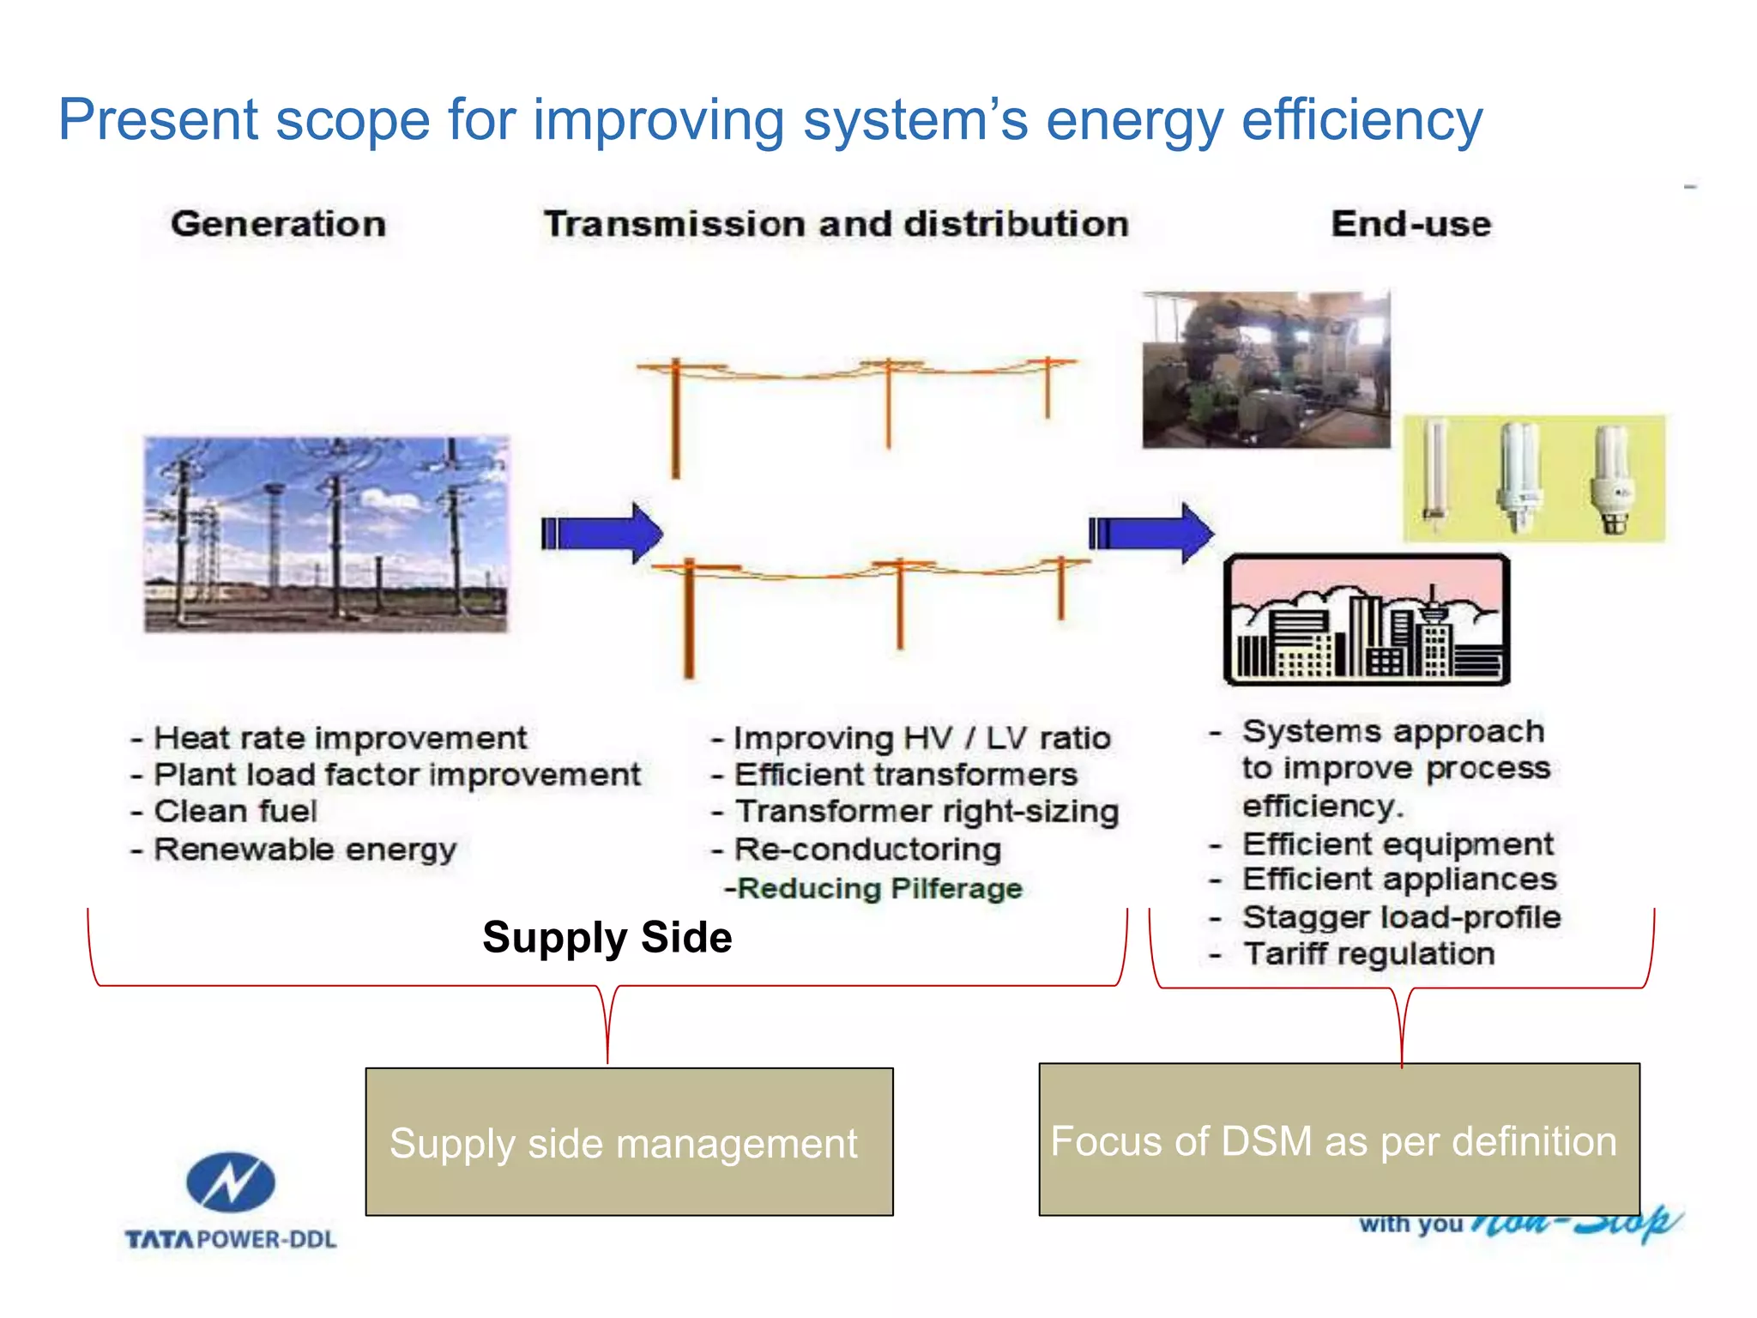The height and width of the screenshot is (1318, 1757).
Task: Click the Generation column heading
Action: (278, 224)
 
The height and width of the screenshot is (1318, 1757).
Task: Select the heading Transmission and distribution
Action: (836, 224)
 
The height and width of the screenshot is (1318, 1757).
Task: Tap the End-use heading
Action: (1410, 224)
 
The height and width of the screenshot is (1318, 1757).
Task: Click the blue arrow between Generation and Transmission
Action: (602, 534)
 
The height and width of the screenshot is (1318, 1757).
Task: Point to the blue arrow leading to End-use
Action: (1151, 534)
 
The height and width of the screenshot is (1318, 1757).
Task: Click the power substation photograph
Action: (326, 535)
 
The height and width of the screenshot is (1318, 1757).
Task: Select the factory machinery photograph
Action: (1265, 370)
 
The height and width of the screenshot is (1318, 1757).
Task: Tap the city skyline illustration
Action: (1367, 620)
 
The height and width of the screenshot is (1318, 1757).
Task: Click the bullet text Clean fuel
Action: (234, 811)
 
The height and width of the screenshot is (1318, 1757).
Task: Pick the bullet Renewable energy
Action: (305, 849)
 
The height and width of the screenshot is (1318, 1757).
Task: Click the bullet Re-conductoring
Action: (866, 849)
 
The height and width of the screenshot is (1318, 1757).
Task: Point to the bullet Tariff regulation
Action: (1368, 954)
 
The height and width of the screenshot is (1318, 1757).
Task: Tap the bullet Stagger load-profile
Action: (1400, 917)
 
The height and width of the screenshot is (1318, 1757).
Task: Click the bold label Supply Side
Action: (607, 937)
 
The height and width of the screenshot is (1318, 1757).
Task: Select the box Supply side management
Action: (629, 1142)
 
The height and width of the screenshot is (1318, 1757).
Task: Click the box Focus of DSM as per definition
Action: (1338, 1140)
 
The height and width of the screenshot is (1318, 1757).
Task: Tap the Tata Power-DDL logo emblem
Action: (231, 1182)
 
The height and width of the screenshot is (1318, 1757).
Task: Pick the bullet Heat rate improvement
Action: (340, 738)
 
